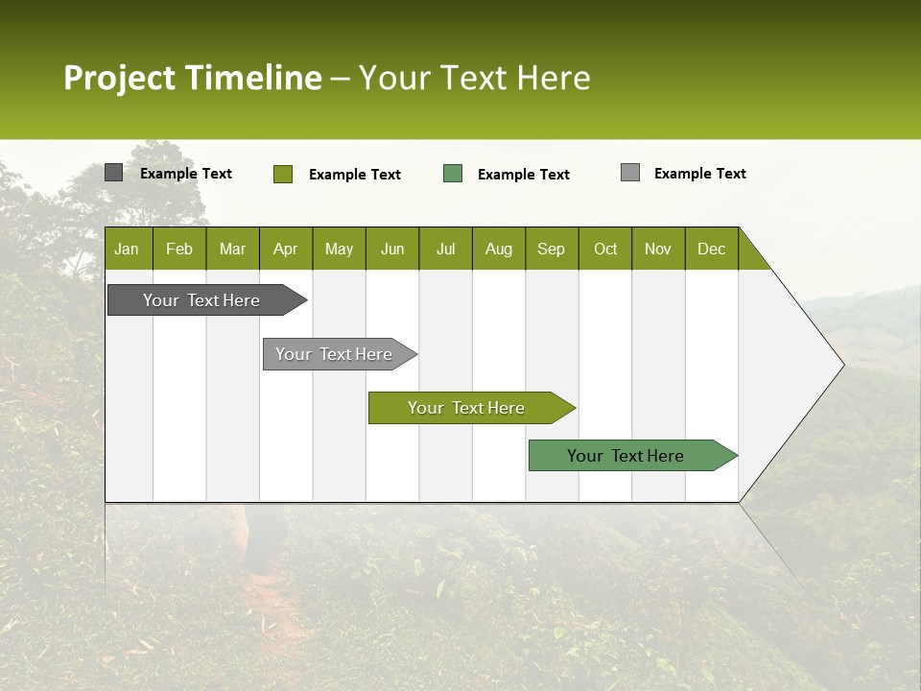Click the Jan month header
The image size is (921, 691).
[x=128, y=249]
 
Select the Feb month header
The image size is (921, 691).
[x=179, y=249]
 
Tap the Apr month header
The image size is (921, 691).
[x=285, y=249]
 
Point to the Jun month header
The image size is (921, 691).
[x=392, y=249]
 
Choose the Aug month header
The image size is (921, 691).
[x=498, y=249]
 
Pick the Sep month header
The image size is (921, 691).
[x=551, y=249]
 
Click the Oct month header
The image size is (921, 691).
[x=605, y=249]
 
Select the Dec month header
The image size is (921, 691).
[x=711, y=249]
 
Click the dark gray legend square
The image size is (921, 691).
[x=113, y=173]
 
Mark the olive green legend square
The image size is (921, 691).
[x=282, y=174]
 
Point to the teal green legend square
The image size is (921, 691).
[x=453, y=174]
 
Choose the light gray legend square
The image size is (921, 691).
[x=630, y=173]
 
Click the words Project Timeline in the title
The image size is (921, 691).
[x=193, y=78]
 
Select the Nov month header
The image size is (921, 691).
[x=657, y=249]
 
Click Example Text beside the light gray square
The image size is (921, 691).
[x=699, y=174]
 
